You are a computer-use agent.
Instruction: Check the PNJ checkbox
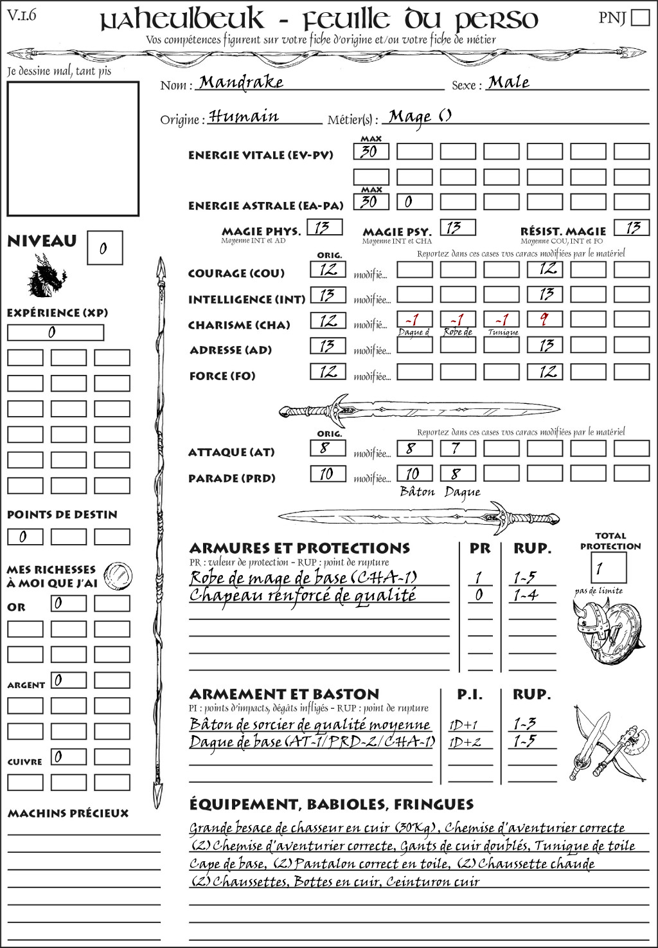[x=640, y=17]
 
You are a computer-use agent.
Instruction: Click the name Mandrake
[x=241, y=82]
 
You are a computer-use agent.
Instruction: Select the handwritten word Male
[x=509, y=82]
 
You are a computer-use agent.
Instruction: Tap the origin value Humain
[x=244, y=117]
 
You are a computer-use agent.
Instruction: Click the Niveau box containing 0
[x=105, y=248]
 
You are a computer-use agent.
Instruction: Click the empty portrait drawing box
[x=73, y=149]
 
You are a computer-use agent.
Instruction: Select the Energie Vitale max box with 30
[x=371, y=152]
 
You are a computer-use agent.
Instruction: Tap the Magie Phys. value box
[x=325, y=227]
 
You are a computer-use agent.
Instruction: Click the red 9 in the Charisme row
[x=544, y=320]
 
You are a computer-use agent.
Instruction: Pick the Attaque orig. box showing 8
[x=327, y=448]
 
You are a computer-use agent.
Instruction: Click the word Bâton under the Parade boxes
[x=418, y=492]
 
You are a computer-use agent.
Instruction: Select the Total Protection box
[x=608, y=568]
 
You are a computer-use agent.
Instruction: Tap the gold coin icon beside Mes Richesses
[x=118, y=574]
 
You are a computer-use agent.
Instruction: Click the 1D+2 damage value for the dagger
[x=465, y=742]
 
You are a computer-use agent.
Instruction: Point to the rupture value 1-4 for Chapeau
[x=525, y=596]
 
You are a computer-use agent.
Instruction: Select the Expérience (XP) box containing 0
[x=55, y=333]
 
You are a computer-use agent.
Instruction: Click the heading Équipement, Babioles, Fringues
[x=331, y=804]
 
